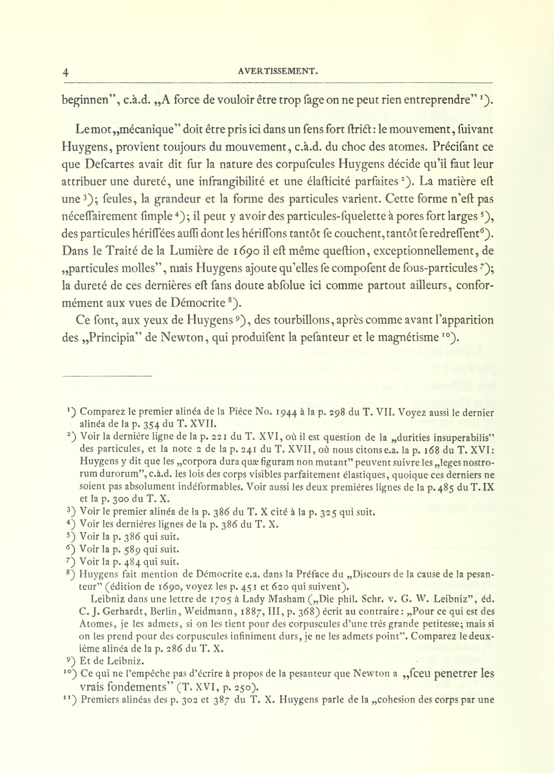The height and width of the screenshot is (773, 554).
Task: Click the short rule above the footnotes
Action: (107, 376)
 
